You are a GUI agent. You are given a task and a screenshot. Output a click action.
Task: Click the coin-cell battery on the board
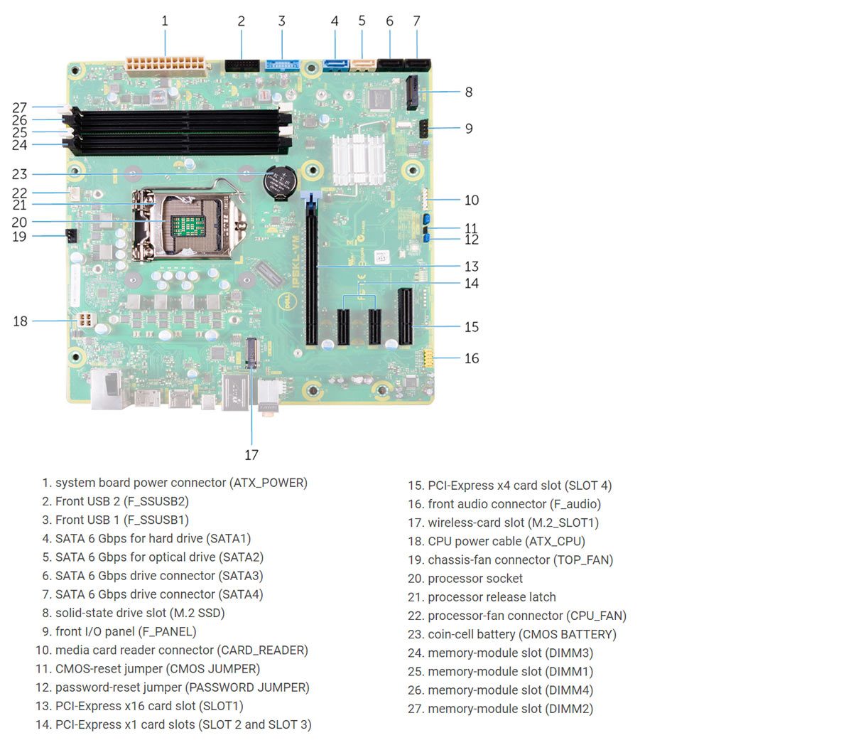pos(278,182)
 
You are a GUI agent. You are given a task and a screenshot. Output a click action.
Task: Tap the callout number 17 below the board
pos(251,455)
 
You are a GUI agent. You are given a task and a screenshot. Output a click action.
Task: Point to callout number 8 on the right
pos(469,92)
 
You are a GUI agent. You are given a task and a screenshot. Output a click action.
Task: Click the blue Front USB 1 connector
pos(282,65)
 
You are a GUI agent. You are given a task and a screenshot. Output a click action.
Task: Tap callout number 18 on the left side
pos(20,321)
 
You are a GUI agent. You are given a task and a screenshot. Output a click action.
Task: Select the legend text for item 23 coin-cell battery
pos(521,634)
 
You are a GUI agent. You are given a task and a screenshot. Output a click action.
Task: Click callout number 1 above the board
pos(165,21)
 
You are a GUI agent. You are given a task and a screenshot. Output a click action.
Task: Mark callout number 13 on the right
pos(472,267)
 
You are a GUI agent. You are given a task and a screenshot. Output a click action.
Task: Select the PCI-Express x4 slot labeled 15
pos(406,316)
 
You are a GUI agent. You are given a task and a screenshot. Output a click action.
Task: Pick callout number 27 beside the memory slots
pos(20,108)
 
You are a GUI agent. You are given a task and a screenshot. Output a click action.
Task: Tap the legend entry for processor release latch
pos(492,597)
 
